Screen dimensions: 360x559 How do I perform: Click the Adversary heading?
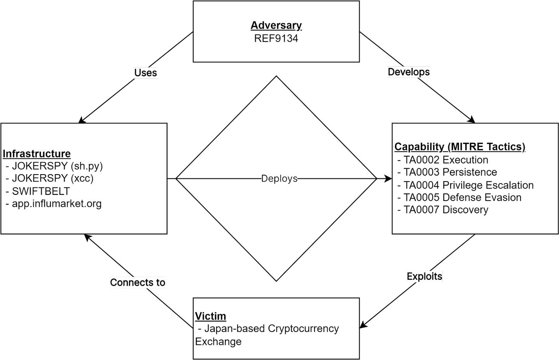(x=276, y=26)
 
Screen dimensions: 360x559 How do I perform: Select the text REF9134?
(x=276, y=38)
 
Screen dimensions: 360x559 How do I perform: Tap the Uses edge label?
(x=146, y=73)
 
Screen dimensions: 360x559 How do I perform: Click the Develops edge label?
(x=409, y=72)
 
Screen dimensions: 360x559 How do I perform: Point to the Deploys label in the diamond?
(x=279, y=179)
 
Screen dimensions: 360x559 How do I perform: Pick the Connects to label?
(x=137, y=282)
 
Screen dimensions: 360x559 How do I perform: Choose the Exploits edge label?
(x=424, y=277)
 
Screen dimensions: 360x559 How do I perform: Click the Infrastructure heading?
(x=37, y=154)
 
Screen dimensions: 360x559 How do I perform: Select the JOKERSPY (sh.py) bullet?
(x=57, y=166)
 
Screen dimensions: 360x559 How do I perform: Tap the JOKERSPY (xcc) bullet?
(x=52, y=178)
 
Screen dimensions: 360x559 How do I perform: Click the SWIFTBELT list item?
(x=41, y=191)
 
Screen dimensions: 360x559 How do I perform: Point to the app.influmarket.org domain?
(x=57, y=204)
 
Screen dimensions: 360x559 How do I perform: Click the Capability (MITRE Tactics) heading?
(x=460, y=147)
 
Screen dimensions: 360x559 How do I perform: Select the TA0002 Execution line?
(x=446, y=160)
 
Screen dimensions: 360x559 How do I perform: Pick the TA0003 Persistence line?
(x=450, y=172)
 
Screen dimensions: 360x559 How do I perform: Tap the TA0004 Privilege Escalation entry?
(x=468, y=185)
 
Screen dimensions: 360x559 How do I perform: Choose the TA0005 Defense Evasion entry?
(x=462, y=197)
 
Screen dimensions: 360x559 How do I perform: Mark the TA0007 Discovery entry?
(x=446, y=210)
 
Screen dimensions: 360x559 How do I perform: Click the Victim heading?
(x=210, y=316)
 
